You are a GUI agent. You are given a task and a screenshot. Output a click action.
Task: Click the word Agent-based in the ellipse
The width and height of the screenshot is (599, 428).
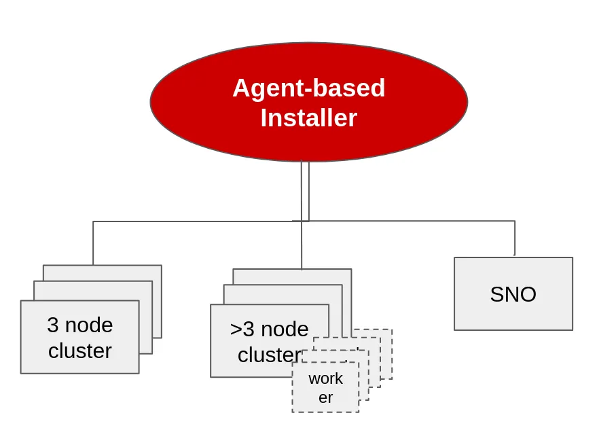click(308, 88)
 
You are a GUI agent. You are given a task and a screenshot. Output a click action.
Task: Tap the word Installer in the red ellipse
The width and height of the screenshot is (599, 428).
click(308, 118)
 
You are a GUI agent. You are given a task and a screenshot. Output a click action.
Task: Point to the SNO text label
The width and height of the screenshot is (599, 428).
click(513, 294)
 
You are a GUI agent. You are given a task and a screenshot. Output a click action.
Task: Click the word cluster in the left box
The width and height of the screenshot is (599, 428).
click(79, 351)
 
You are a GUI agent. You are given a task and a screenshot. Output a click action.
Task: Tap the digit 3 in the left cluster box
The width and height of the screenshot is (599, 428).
click(53, 325)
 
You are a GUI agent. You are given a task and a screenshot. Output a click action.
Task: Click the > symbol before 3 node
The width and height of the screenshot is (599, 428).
click(236, 329)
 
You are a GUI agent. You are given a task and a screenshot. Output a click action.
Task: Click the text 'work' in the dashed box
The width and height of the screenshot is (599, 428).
click(325, 378)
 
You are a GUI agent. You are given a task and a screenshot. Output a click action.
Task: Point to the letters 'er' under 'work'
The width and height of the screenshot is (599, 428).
click(325, 397)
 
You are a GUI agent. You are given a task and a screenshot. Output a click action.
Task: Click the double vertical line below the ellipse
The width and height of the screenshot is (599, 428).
click(305, 190)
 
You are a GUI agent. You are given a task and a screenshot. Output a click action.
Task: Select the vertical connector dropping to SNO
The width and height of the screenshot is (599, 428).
click(514, 238)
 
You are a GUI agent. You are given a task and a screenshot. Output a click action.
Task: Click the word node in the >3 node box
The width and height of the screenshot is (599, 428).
click(283, 329)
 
